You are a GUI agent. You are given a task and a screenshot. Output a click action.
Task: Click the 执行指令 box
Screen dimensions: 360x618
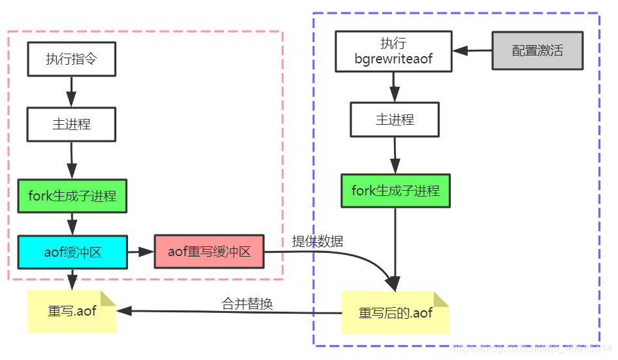click(71, 59)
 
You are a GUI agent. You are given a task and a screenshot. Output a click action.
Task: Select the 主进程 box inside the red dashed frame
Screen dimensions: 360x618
click(71, 124)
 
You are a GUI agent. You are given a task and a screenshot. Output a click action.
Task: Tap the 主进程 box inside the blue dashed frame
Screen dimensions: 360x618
click(395, 120)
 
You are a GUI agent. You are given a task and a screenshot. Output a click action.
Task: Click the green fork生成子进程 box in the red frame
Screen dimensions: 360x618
click(72, 195)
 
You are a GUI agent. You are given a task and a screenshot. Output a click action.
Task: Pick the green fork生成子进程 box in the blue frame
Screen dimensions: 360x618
click(395, 191)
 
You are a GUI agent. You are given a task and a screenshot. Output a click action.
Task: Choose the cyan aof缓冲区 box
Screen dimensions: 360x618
click(72, 252)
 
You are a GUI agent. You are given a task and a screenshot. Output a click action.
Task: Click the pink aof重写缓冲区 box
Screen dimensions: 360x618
click(209, 252)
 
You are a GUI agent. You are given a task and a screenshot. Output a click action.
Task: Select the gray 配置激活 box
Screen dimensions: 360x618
click(537, 50)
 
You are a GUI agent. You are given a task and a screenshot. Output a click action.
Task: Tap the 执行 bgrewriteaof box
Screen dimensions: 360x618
click(393, 51)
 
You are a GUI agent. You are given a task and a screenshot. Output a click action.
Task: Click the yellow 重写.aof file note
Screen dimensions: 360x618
click(71, 311)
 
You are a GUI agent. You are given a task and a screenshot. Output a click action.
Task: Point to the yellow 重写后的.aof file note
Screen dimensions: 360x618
click(395, 312)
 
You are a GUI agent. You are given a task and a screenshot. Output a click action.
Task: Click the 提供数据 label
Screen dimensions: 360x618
click(317, 240)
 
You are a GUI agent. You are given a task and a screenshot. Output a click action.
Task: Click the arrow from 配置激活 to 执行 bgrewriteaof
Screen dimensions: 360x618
click(471, 50)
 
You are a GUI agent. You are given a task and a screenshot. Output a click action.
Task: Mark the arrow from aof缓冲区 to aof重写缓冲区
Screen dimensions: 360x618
click(140, 252)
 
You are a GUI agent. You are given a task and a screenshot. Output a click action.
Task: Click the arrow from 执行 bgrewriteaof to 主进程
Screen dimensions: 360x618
click(394, 86)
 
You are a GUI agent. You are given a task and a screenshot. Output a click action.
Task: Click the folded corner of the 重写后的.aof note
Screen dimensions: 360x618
click(442, 299)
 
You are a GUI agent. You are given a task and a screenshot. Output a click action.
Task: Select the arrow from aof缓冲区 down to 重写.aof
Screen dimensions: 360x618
click(72, 279)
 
